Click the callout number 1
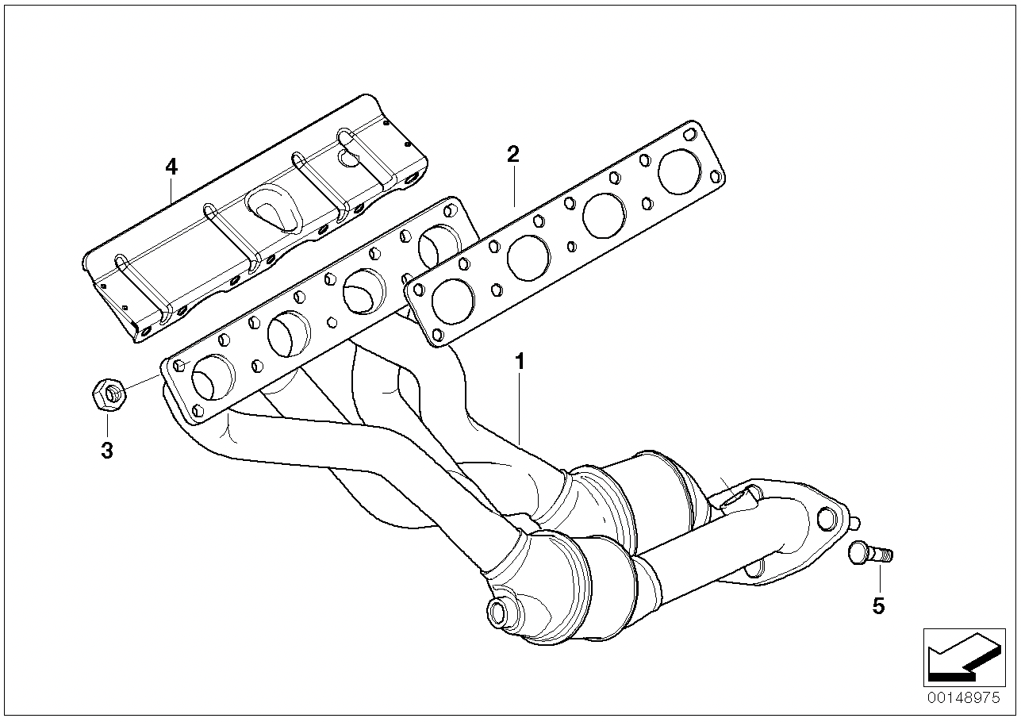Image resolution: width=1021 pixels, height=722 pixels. (x=520, y=362)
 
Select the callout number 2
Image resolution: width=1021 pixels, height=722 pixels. (x=512, y=155)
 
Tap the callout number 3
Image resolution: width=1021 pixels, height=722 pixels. (x=106, y=451)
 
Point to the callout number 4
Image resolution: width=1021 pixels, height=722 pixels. (x=171, y=167)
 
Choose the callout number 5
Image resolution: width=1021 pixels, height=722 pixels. (x=878, y=606)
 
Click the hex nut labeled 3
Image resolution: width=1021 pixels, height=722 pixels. (x=109, y=394)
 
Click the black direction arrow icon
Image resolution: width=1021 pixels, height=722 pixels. (x=964, y=659)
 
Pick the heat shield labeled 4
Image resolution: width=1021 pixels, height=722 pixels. (x=255, y=218)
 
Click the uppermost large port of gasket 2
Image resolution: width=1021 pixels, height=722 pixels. (x=680, y=171)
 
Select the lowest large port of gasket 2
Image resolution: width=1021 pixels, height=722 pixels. (x=453, y=301)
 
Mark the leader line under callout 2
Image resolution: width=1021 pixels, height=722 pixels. (x=514, y=187)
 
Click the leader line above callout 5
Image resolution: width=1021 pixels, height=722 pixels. (x=880, y=579)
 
